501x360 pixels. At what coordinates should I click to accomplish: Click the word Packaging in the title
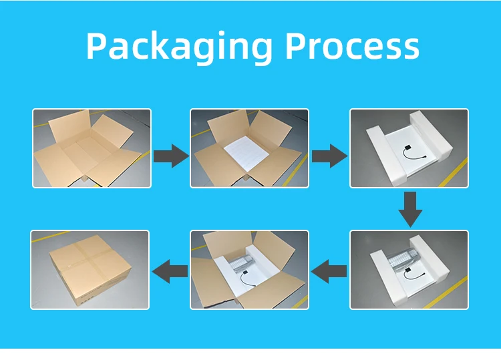(179, 47)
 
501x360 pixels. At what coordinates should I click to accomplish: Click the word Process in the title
(352, 45)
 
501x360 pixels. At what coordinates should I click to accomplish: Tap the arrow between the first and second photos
(170, 156)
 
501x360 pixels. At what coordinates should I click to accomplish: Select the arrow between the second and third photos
(329, 156)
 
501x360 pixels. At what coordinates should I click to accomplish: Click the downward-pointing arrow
(410, 209)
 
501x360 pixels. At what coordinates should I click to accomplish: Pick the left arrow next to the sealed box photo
(170, 271)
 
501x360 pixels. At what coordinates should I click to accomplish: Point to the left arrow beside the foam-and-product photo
(329, 271)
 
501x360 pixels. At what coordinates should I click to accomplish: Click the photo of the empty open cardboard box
(92, 148)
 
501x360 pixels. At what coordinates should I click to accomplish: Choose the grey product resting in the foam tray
(403, 257)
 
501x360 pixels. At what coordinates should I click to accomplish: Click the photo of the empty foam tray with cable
(409, 148)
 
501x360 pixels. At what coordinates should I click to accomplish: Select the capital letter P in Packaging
(97, 45)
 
